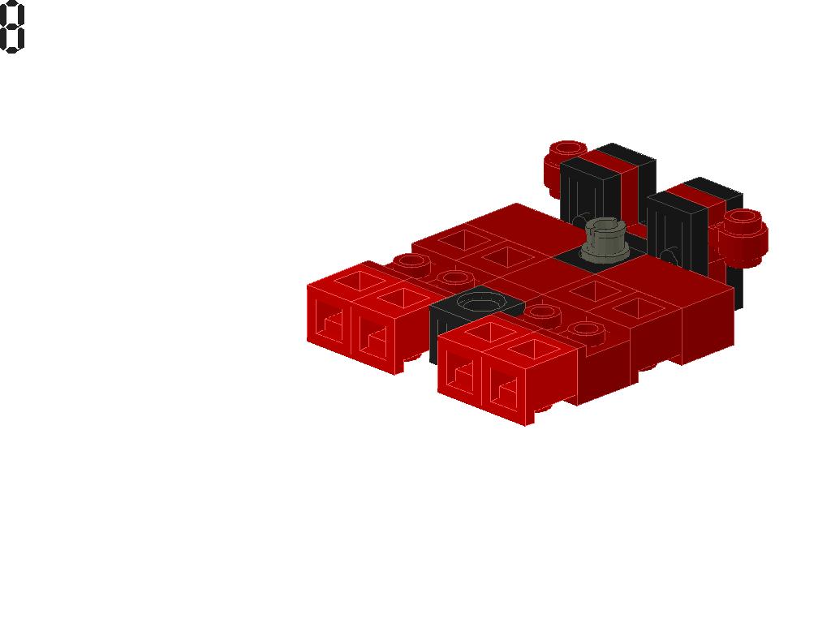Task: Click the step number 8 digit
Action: [12, 27]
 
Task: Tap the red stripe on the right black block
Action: [700, 197]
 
